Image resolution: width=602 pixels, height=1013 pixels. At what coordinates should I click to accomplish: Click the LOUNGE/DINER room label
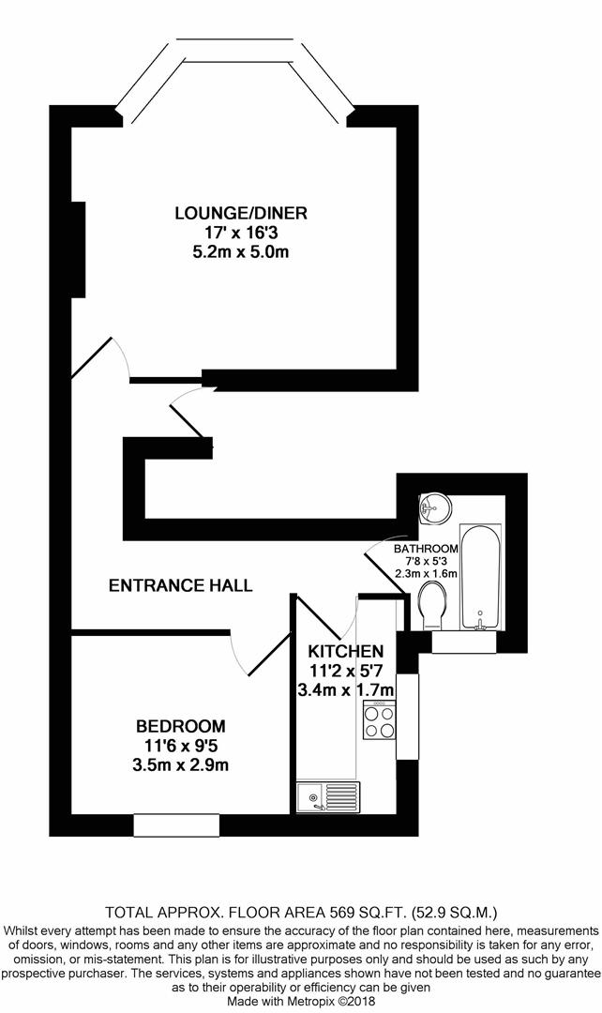(241, 213)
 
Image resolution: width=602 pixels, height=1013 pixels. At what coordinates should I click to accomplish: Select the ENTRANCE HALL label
(181, 586)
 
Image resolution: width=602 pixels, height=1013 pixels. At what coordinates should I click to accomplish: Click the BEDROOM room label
(181, 726)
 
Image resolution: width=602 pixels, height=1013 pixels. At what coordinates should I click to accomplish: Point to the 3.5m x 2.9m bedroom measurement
(181, 765)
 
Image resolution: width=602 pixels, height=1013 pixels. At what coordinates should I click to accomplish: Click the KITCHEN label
(346, 651)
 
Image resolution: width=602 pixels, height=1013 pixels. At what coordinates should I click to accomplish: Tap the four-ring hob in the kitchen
(379, 722)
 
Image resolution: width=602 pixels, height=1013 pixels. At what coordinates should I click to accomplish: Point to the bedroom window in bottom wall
(176, 825)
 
